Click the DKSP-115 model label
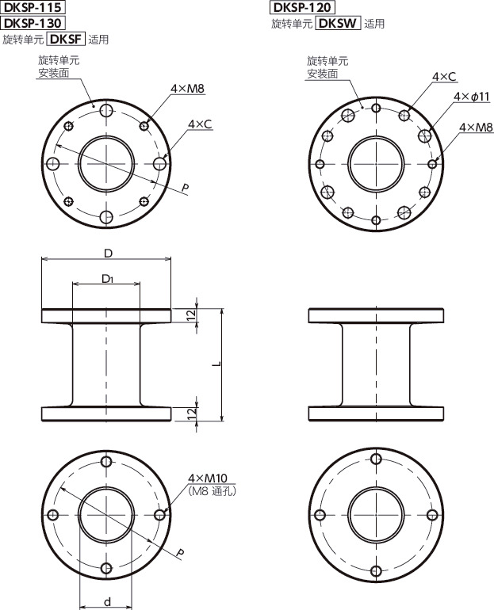pos(33,8)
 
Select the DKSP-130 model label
pos(33,22)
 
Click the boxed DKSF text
pos(67,38)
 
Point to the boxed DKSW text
pos(337,23)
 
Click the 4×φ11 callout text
pos(473,96)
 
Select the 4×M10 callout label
pos(209,478)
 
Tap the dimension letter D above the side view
pos(106,252)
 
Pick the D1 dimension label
pos(107,279)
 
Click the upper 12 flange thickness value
pos(192,315)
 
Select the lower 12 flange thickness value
pos(192,414)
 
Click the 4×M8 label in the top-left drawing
pos(189,90)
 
